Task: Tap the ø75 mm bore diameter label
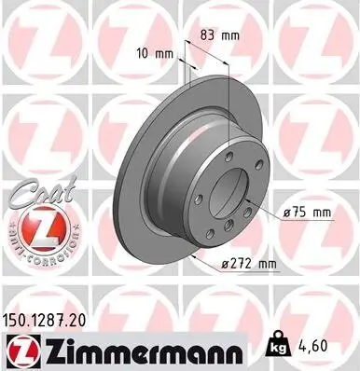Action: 305,213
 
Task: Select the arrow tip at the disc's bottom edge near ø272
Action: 191,253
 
